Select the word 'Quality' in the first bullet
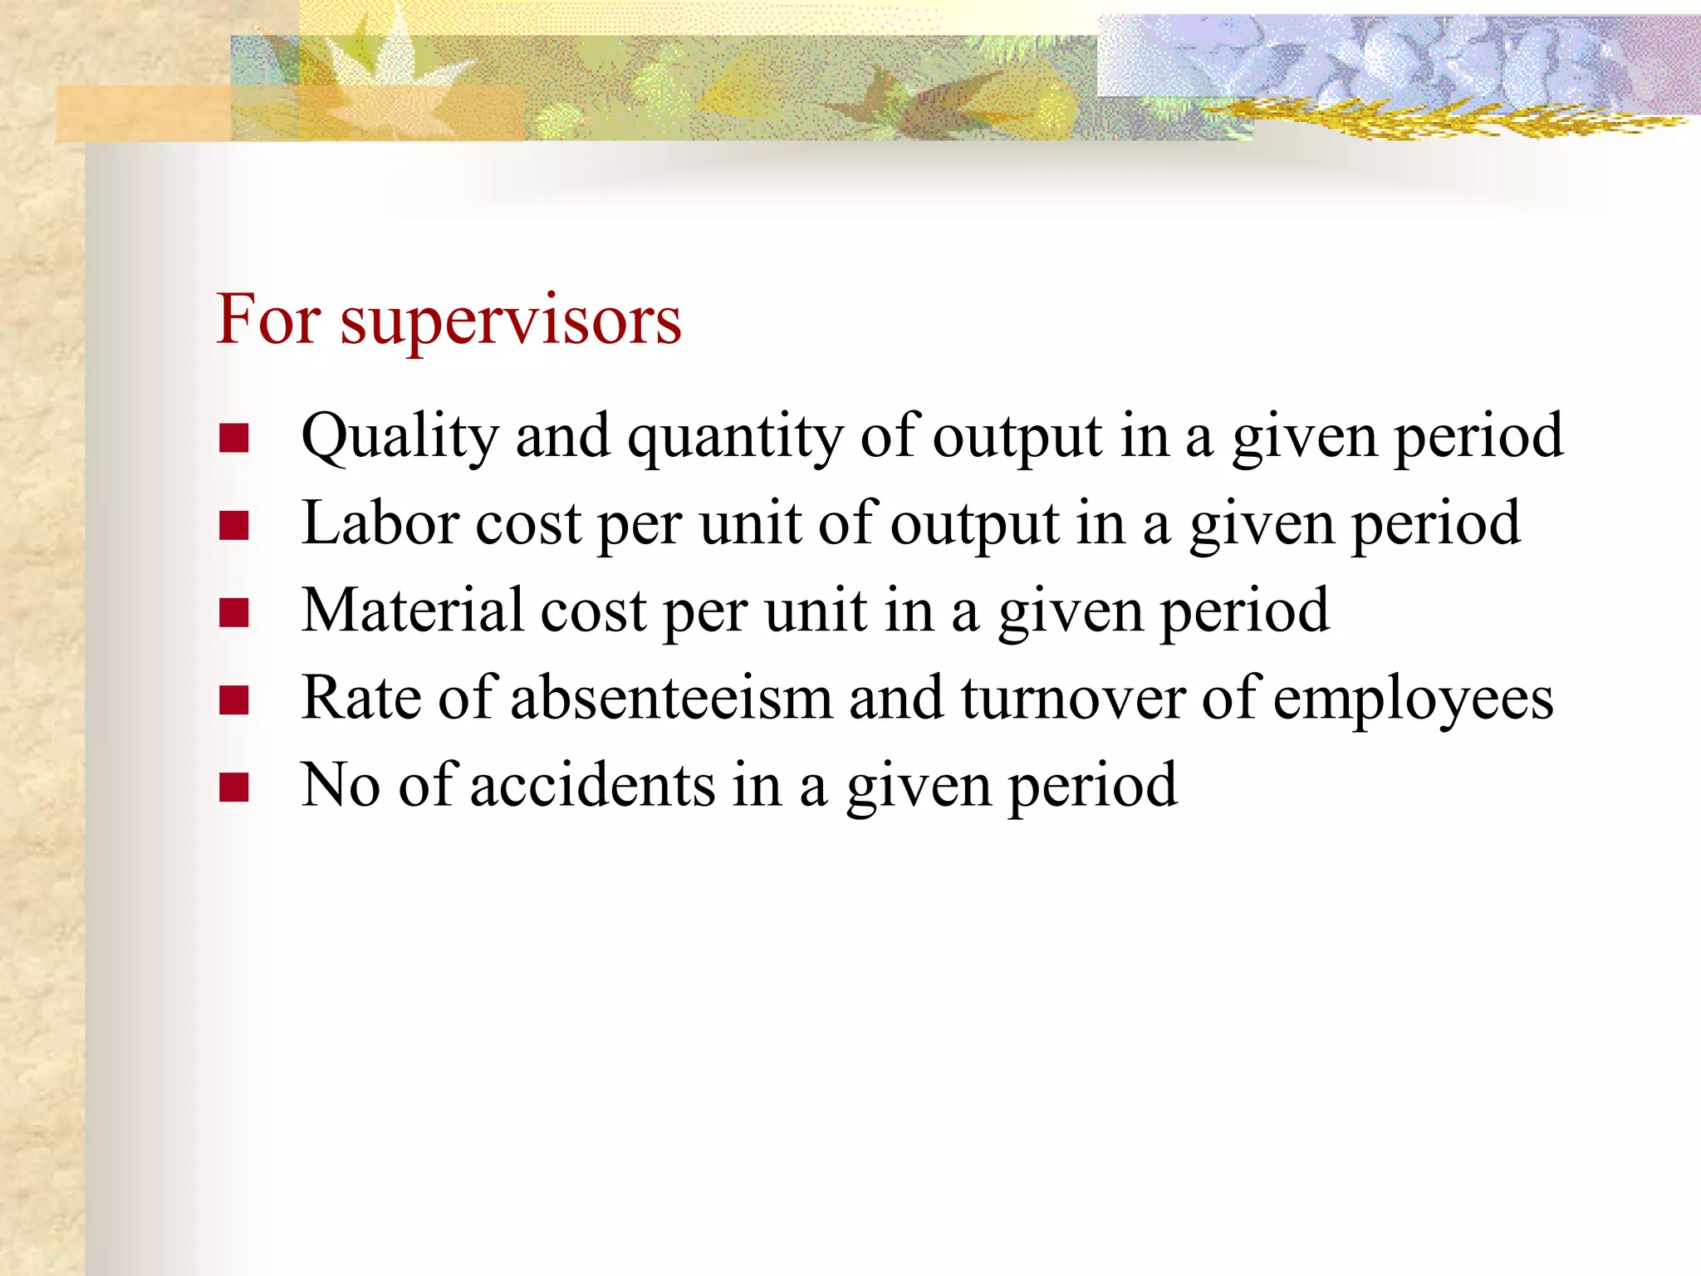pyautogui.click(x=400, y=438)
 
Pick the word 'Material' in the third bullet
pyautogui.click(x=413, y=611)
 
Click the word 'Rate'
pyautogui.click(x=361, y=698)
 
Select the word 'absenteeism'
pyautogui.click(x=671, y=698)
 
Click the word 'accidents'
pyautogui.click(x=592, y=785)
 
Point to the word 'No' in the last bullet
pyautogui.click(x=341, y=785)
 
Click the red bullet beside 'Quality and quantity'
pyautogui.click(x=234, y=438)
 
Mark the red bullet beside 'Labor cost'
pyautogui.click(x=234, y=525)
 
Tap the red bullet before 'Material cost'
pyautogui.click(x=234, y=612)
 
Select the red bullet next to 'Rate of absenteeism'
pyautogui.click(x=234, y=699)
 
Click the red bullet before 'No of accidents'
pyautogui.click(x=234, y=787)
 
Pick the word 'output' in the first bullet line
pyautogui.click(x=1017, y=438)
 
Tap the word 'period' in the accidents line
pyautogui.click(x=1093, y=787)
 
